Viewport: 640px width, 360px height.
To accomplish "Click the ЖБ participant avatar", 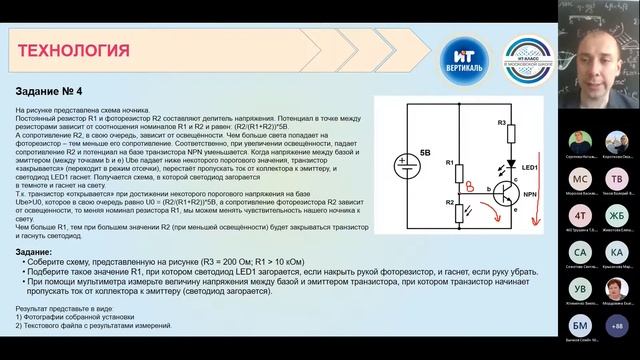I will pos(616,215).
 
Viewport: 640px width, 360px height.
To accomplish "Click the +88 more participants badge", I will pos(616,324).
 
